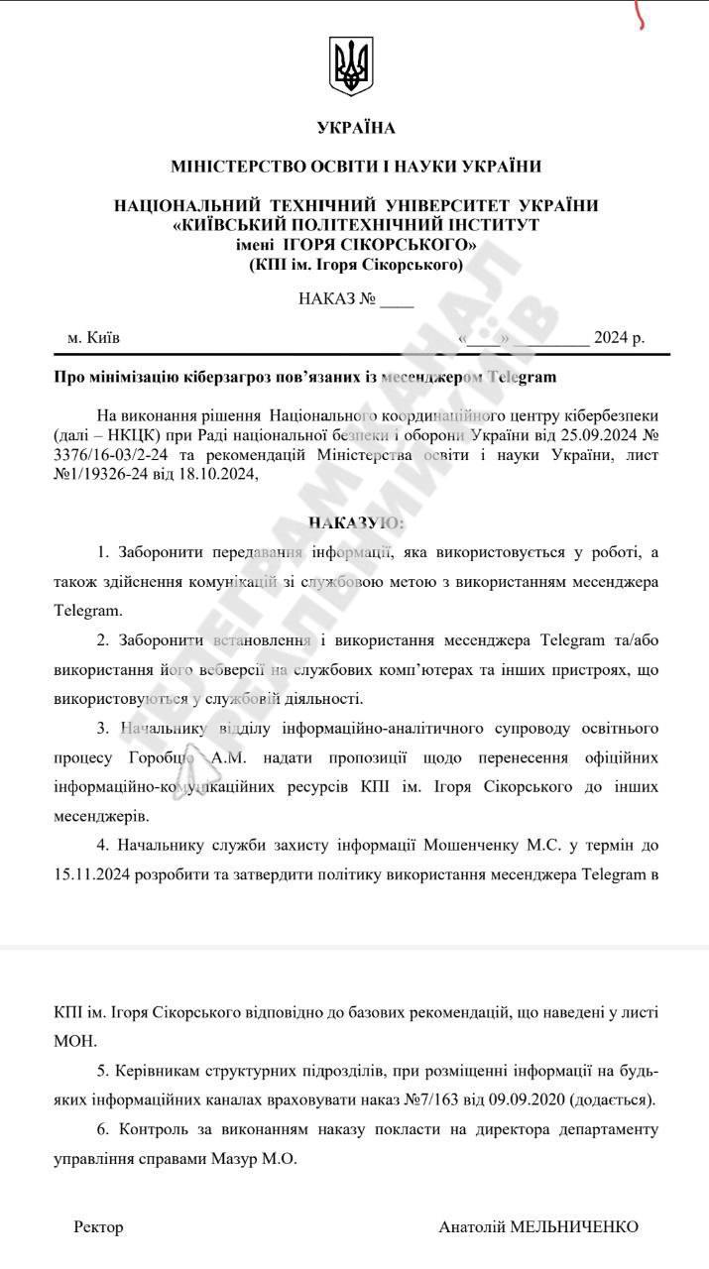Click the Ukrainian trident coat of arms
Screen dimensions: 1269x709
coord(354,67)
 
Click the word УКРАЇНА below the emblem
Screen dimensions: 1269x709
coord(355,128)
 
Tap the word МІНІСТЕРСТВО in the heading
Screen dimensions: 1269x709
coord(240,167)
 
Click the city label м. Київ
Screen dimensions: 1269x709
coord(94,337)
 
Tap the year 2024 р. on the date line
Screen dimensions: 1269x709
coord(619,337)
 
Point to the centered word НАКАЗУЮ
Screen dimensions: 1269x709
coord(354,522)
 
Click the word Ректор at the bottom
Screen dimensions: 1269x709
coord(99,1227)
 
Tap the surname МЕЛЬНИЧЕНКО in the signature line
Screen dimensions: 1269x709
coord(573,1227)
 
